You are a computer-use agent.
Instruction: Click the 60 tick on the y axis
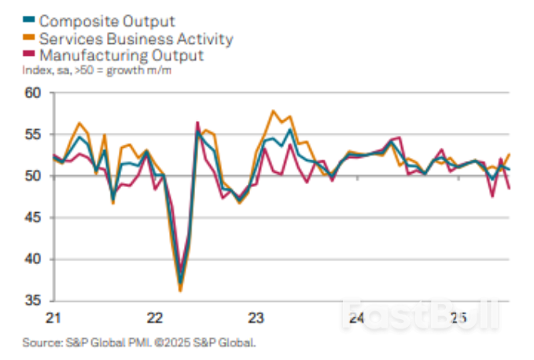click(33, 93)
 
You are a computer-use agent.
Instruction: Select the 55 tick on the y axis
click(33, 134)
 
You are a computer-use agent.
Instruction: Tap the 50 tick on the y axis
click(33, 176)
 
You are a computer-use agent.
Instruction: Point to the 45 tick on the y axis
click(33, 218)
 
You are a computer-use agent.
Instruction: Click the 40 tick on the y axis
click(33, 259)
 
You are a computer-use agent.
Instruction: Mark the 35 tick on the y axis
click(33, 301)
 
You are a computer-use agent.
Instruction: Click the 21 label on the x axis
click(53, 318)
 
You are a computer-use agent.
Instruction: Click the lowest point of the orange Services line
click(180, 291)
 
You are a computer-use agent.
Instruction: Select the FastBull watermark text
click(420, 316)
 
